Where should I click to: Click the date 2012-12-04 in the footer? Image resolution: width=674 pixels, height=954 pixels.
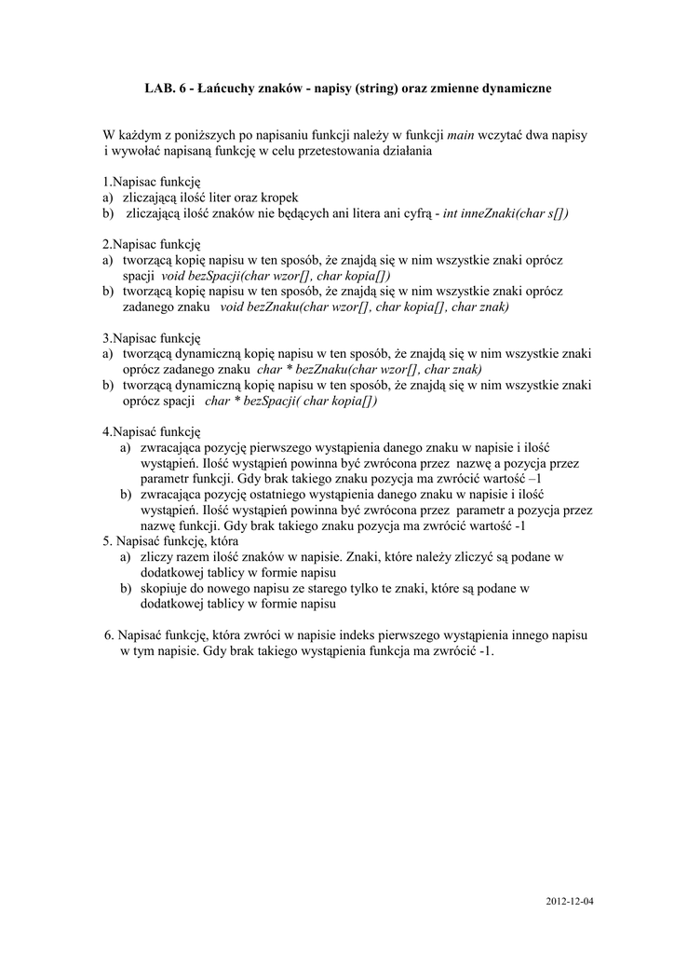[x=569, y=902]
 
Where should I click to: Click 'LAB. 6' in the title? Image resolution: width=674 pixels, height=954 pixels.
[x=163, y=89]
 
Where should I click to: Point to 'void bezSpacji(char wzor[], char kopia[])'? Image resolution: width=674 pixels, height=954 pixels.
[x=276, y=277]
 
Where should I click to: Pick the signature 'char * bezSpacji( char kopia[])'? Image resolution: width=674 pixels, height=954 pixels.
[x=290, y=401]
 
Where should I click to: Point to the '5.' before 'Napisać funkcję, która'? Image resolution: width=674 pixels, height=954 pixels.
[x=108, y=541]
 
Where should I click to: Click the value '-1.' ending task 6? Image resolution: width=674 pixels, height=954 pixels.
[x=485, y=651]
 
